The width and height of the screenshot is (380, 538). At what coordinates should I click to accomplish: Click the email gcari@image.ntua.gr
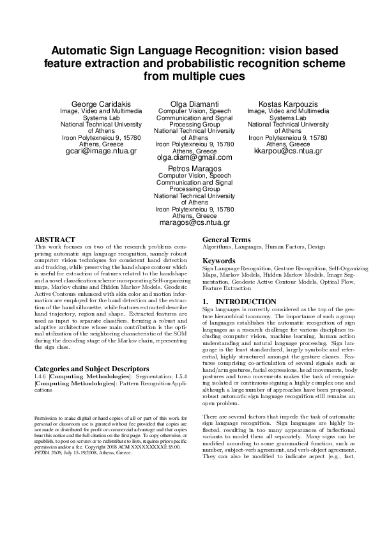pyautogui.click(x=101, y=151)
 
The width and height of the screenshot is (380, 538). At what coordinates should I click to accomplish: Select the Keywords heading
pyautogui.click(x=221, y=261)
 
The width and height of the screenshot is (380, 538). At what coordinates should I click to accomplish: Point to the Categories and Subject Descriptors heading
pyautogui.click(x=92, y=369)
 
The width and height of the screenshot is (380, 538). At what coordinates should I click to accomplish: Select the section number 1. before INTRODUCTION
pyautogui.click(x=206, y=301)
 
